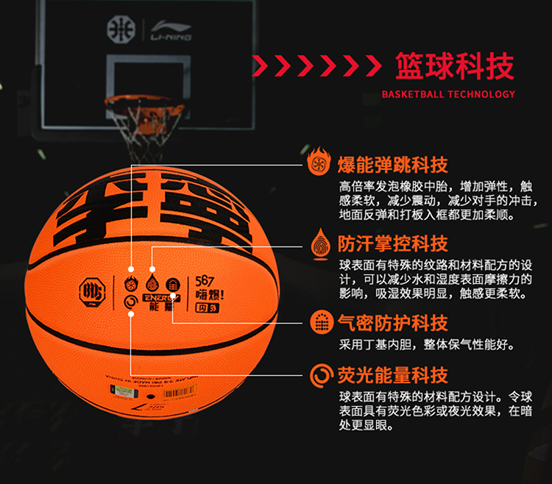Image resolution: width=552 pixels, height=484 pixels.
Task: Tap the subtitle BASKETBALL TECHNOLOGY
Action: (448, 94)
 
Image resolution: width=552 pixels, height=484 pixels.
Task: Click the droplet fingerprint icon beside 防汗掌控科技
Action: (319, 243)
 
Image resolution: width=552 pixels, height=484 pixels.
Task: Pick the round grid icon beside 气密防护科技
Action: (319, 323)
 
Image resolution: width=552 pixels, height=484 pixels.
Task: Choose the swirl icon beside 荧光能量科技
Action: (319, 374)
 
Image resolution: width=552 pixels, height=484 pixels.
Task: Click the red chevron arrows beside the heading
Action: (316, 65)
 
